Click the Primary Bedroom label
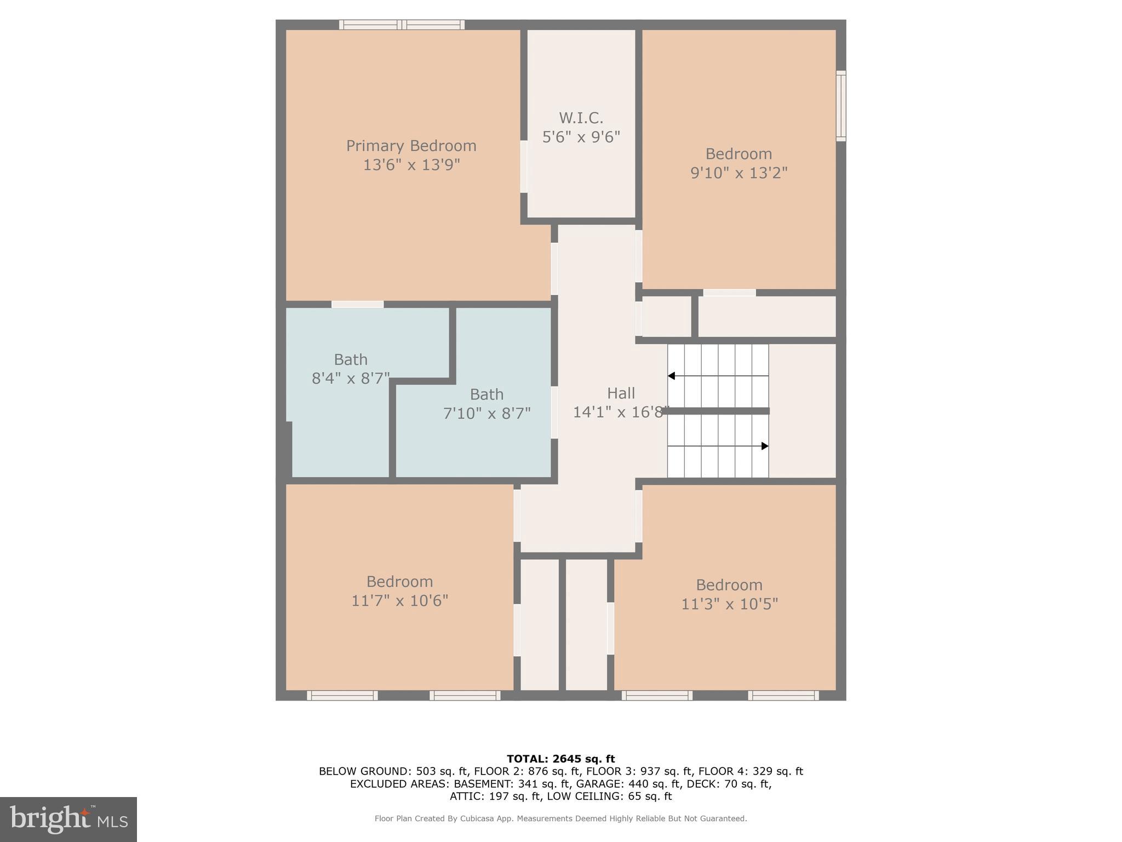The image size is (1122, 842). pyautogui.click(x=411, y=146)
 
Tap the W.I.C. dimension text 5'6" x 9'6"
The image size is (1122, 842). pyautogui.click(x=581, y=137)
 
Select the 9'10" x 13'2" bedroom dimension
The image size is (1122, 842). pyautogui.click(x=739, y=173)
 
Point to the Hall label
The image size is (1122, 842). pyautogui.click(x=621, y=393)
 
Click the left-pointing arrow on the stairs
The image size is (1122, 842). pyautogui.click(x=671, y=376)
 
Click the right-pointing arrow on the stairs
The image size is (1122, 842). pyautogui.click(x=765, y=446)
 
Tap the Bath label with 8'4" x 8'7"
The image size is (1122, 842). pyautogui.click(x=351, y=360)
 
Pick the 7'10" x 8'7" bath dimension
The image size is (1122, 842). pyautogui.click(x=486, y=413)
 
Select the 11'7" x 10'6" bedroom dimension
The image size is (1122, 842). pyautogui.click(x=399, y=601)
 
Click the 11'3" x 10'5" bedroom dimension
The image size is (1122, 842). pyautogui.click(x=729, y=604)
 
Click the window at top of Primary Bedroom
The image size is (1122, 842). pyautogui.click(x=402, y=25)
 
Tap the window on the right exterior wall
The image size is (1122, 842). pyautogui.click(x=840, y=106)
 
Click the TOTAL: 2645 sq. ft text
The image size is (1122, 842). pyautogui.click(x=560, y=759)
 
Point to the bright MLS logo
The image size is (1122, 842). pyautogui.click(x=68, y=819)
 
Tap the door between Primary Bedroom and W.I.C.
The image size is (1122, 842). pyautogui.click(x=524, y=167)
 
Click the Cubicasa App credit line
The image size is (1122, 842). pyautogui.click(x=560, y=818)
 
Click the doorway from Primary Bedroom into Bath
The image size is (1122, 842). pyautogui.click(x=357, y=304)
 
